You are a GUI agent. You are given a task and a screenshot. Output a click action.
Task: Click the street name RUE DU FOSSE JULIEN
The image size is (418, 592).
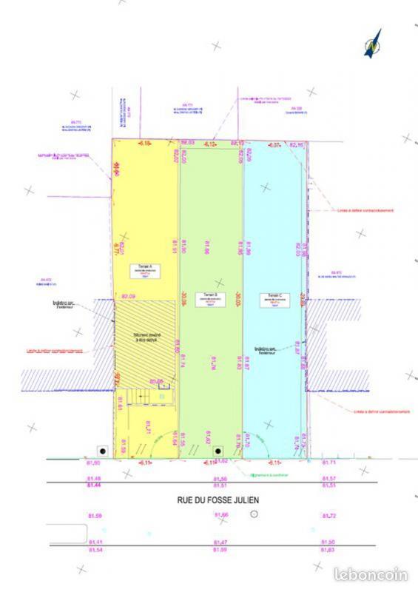pos(218,500)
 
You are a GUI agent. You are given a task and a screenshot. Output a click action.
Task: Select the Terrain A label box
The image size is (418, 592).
pos(145,270)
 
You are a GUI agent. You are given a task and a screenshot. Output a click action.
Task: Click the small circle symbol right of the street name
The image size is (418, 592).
pos(254,514)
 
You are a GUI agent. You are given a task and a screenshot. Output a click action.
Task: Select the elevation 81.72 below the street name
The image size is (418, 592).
pos(329,515)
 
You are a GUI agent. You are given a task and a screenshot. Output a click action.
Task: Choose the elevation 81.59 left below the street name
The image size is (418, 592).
pos(95,515)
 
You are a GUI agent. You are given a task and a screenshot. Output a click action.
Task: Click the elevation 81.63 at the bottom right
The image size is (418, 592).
pos(329,550)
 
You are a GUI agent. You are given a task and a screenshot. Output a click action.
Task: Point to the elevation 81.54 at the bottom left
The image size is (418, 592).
pos(95,550)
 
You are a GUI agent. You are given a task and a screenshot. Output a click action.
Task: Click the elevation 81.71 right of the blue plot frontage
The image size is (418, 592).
pos(329,462)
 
